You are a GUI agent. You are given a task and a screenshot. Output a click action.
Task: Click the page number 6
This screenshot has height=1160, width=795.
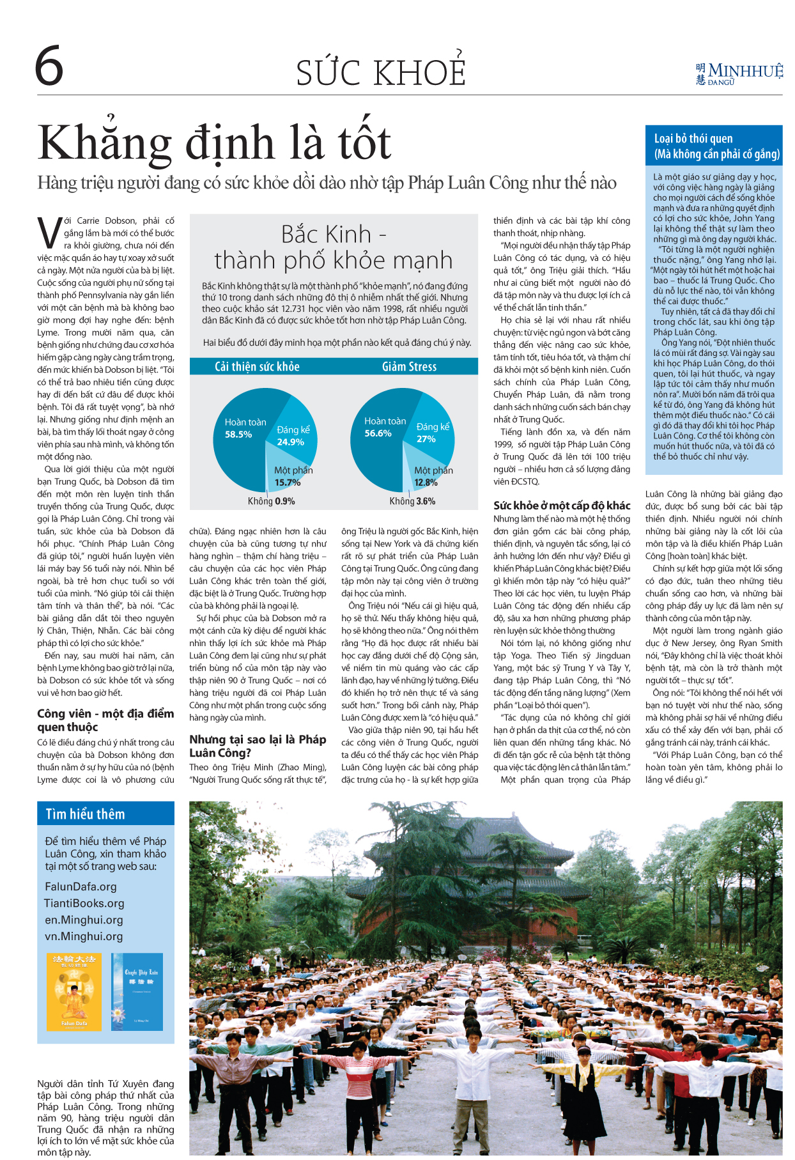[49, 66]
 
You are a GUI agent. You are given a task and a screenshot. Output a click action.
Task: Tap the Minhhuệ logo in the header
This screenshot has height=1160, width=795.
[739, 73]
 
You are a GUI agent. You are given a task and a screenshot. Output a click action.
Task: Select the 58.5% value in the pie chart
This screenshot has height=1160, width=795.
[238, 435]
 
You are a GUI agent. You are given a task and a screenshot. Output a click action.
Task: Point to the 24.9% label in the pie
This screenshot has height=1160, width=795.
[290, 442]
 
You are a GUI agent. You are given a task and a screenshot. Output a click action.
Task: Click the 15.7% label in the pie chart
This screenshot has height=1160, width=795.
[288, 483]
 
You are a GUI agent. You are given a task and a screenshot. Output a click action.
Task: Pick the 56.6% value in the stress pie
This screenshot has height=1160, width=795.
[378, 433]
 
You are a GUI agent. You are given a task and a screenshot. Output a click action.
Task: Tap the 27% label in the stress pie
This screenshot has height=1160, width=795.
[426, 439]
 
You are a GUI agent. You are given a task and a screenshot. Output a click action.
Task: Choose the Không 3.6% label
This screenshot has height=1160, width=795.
[412, 501]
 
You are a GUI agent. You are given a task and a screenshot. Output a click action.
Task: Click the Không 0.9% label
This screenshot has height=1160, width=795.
[272, 501]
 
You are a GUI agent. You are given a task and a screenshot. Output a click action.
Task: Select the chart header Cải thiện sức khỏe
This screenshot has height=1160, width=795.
[257, 366]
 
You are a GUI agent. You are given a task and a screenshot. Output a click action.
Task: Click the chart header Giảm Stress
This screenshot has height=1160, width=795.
[409, 366]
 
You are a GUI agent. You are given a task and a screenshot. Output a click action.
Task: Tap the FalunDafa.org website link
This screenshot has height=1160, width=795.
[81, 886]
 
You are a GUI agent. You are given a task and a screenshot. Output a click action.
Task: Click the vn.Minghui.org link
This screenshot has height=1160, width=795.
[83, 936]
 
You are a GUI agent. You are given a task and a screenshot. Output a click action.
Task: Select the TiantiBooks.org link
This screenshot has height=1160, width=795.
[84, 903]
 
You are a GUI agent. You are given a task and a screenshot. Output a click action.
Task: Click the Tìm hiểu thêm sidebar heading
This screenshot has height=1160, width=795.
[85, 814]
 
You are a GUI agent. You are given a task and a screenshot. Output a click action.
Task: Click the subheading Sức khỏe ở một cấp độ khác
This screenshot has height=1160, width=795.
[562, 506]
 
